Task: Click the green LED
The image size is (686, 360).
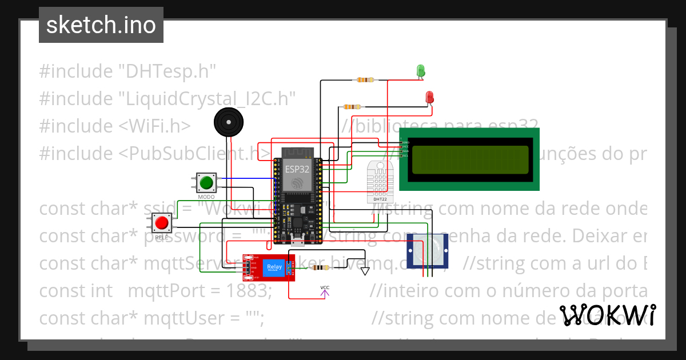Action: point(421,71)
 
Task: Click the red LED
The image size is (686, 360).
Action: point(430,97)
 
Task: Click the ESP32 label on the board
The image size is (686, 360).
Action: point(297,169)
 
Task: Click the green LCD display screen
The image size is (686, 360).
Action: point(469,159)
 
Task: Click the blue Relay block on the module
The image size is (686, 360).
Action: point(274,267)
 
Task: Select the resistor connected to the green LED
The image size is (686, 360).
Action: point(365,79)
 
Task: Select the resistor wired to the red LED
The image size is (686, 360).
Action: point(352,106)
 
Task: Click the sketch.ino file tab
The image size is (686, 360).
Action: point(101,25)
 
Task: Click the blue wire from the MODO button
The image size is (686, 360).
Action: point(246,178)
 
